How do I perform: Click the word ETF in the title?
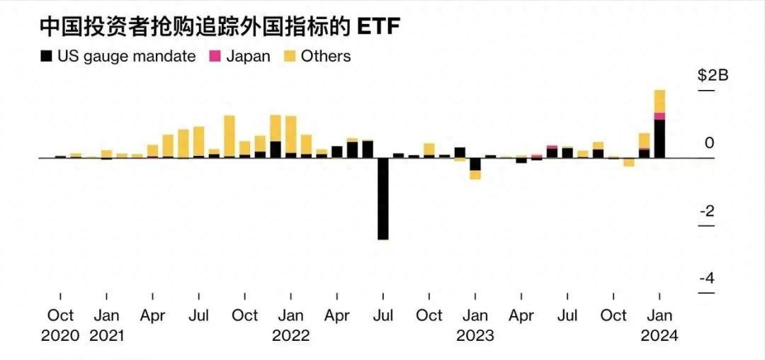click(379, 26)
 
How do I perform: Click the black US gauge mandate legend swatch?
click(47, 56)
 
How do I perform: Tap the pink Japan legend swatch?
click(216, 56)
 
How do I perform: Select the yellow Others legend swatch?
click(290, 56)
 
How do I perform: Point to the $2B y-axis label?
click(713, 76)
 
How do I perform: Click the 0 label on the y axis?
click(709, 143)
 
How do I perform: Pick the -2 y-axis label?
click(706, 211)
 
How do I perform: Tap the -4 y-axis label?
click(706, 278)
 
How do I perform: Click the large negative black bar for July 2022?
click(383, 198)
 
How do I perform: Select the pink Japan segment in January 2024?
click(659, 116)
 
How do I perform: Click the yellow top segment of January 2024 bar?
click(659, 101)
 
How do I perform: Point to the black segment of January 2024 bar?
click(659, 139)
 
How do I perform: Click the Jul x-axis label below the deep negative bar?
click(383, 315)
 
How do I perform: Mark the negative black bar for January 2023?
click(475, 164)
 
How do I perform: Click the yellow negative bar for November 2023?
click(629, 162)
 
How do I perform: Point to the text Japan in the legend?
click(248, 56)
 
